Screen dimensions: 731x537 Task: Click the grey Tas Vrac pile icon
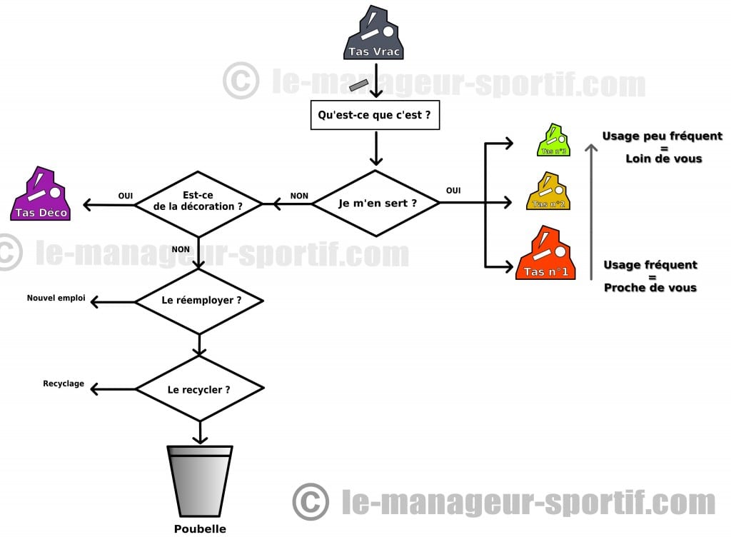tap(373, 33)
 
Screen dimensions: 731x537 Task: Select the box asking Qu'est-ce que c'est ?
tap(375, 115)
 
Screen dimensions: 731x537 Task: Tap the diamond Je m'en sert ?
tap(375, 204)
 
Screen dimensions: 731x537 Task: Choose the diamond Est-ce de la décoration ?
tap(198, 204)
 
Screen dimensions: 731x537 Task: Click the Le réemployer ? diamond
tap(199, 301)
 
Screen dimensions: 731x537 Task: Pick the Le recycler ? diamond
tap(200, 388)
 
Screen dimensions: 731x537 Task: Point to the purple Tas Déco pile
tap(41, 194)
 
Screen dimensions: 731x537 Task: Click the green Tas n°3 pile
tap(554, 140)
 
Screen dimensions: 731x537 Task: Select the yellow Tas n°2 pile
tap(548, 191)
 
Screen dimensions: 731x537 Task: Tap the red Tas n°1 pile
tap(545, 253)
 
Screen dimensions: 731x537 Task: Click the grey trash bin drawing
tap(200, 481)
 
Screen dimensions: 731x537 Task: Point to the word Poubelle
tap(200, 528)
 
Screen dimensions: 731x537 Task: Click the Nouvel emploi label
tap(56, 298)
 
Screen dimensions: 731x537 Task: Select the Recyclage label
tap(64, 383)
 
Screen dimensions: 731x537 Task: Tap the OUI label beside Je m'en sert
tap(453, 190)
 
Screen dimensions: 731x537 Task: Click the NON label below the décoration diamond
tap(181, 249)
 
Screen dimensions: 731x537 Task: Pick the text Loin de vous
tap(664, 159)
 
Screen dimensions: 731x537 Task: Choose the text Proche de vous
tap(650, 288)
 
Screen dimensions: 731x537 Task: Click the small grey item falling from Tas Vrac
tap(359, 85)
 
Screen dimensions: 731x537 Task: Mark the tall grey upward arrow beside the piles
tap(591, 211)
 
